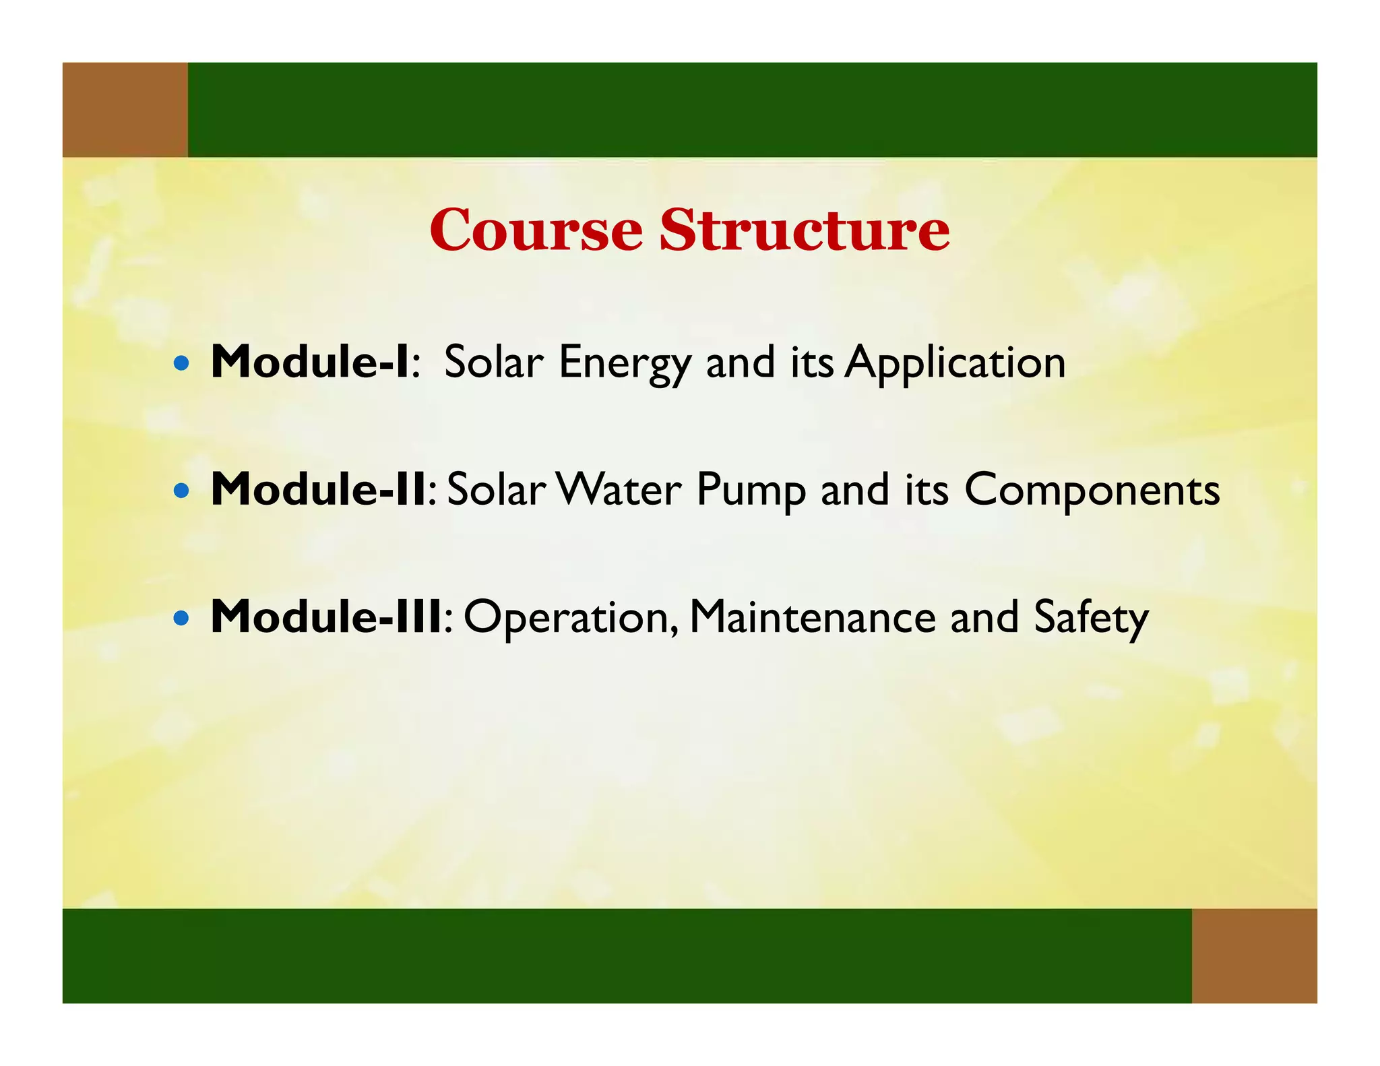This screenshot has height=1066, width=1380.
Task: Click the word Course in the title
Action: point(536,230)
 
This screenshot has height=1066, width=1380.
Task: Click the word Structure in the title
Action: point(805,230)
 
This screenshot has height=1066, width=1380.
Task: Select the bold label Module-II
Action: point(318,489)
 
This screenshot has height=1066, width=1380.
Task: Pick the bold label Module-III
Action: point(326,617)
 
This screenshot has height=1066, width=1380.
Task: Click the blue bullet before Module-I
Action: point(181,365)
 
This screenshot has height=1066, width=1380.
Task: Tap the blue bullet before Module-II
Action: point(181,491)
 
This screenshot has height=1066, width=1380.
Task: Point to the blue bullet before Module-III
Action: point(181,619)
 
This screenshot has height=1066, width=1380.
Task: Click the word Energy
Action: point(625,365)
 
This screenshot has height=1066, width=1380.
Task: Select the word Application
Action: point(955,365)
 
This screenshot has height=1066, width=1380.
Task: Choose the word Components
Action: point(1092,492)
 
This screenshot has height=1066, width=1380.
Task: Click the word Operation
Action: point(570,619)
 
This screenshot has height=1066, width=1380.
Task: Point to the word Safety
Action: point(1091,619)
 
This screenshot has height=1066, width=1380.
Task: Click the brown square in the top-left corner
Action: point(125,110)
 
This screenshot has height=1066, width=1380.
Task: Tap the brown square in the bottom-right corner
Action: point(1254,955)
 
